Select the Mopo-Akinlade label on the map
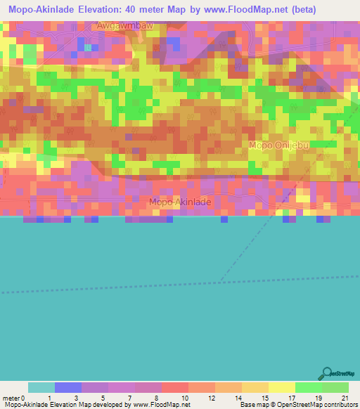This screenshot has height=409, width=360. (179, 202)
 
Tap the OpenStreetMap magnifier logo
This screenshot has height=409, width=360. (326, 372)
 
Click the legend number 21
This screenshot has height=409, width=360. (344, 397)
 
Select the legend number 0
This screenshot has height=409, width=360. (24, 397)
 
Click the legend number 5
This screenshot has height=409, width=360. (103, 397)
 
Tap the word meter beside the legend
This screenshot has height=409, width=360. (11, 397)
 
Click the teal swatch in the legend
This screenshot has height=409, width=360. (41, 387)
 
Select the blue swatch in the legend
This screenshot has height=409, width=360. (67, 387)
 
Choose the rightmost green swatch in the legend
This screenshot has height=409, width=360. (335, 387)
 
